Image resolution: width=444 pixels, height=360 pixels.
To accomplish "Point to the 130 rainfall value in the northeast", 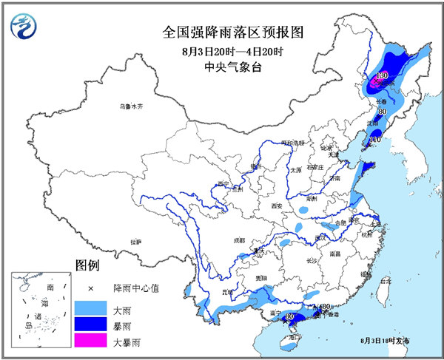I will click(382, 75).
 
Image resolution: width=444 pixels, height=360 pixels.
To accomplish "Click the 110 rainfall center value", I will click(374, 139).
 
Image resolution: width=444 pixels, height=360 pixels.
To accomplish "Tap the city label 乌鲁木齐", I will click(129, 107).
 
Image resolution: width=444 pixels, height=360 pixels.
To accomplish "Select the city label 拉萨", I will click(135, 242).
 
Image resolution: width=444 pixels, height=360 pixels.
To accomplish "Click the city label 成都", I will click(238, 240).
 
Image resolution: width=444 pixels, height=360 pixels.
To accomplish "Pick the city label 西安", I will click(277, 206).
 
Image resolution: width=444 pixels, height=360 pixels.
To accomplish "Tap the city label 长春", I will click(381, 101).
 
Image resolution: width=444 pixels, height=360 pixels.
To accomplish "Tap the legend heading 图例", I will click(87, 265).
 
